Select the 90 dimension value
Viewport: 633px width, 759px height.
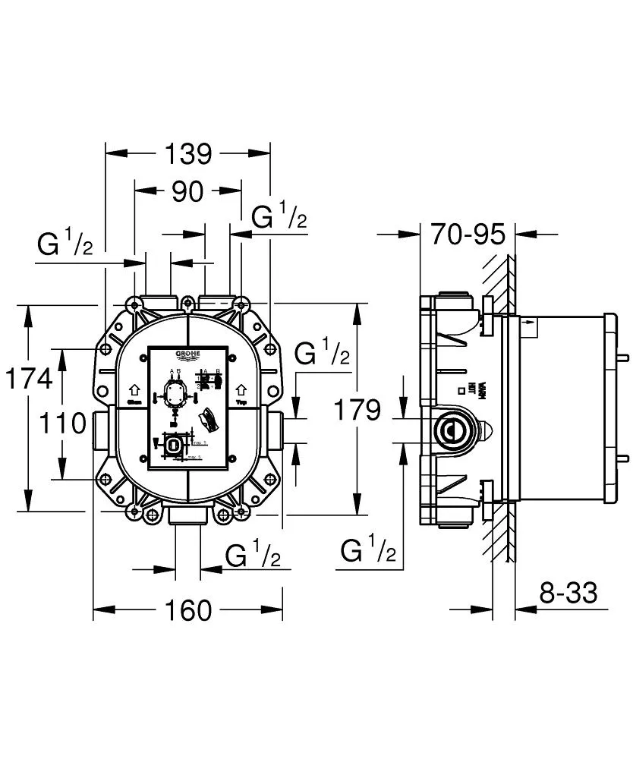(x=187, y=192)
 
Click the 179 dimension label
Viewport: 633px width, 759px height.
(x=357, y=410)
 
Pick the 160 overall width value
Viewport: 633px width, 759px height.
(x=187, y=609)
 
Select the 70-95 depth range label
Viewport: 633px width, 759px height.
(x=468, y=235)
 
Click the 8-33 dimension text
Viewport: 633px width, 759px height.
(x=568, y=593)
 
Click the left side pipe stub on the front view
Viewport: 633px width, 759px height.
(x=102, y=430)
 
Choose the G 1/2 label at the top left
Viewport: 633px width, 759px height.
(x=65, y=244)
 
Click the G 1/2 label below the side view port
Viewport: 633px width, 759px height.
(x=369, y=550)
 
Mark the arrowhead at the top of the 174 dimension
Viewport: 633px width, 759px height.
(x=28, y=313)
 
